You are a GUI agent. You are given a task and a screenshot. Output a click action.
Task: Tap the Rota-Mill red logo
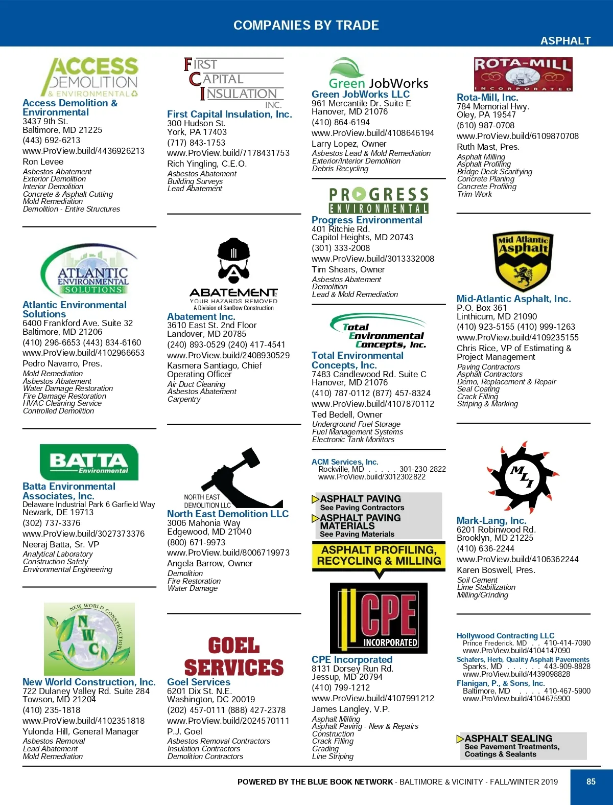523,75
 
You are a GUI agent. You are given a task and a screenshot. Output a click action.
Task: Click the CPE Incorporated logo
379,618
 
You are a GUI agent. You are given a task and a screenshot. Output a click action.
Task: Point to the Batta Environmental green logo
89,462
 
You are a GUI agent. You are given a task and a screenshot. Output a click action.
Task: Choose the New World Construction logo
89,639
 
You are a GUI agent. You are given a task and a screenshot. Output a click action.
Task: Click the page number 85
591,781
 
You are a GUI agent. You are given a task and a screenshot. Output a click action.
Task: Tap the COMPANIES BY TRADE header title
306,25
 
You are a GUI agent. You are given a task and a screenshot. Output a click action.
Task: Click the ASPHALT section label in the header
565,41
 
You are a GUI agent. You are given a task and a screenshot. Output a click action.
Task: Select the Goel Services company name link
199,682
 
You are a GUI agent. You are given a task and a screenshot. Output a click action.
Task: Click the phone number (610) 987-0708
485,126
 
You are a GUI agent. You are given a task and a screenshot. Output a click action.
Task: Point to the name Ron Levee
43,162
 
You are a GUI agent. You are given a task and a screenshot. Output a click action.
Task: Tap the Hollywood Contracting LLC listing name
505,635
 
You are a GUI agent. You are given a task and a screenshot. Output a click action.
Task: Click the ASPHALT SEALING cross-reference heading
508,739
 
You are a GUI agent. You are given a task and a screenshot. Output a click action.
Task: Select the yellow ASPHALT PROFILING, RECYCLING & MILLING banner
378,556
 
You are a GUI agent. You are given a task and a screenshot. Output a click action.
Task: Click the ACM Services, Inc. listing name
345,462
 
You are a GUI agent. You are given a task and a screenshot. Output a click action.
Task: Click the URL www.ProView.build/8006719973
228,553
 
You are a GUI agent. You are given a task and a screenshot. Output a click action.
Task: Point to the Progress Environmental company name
367,220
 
